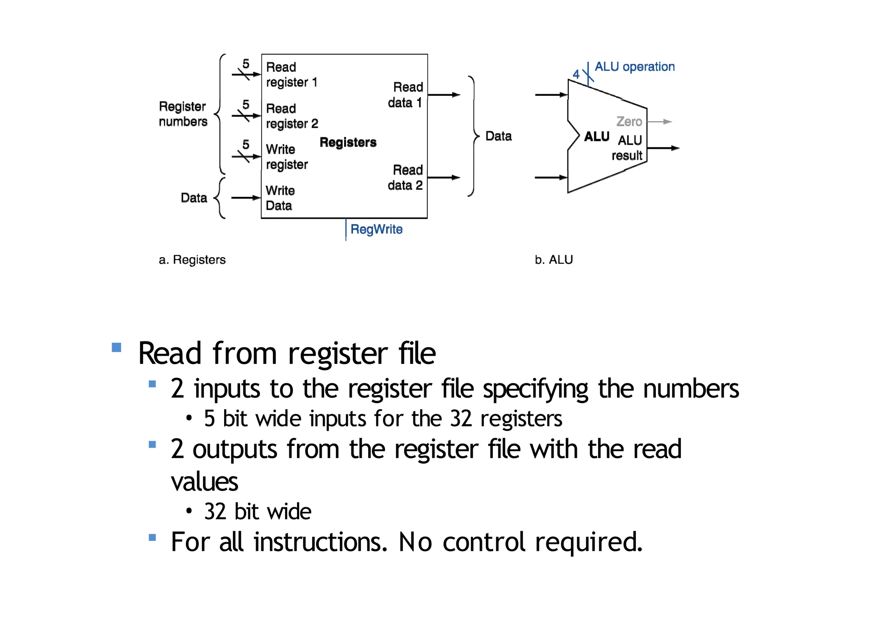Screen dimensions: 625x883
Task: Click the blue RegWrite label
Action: click(x=376, y=229)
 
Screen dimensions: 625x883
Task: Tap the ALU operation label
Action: click(x=634, y=67)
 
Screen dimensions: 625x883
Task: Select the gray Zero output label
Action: click(x=629, y=122)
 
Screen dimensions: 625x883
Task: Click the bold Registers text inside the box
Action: click(x=348, y=142)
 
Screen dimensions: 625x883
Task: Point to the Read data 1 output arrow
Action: click(x=444, y=95)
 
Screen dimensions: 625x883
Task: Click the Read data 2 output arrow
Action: click(x=444, y=177)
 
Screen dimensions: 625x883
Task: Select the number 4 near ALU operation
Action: click(x=576, y=75)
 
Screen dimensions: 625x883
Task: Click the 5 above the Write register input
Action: click(x=246, y=144)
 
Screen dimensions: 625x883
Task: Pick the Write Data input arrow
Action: click(x=246, y=198)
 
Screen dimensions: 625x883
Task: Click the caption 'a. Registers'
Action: click(x=192, y=260)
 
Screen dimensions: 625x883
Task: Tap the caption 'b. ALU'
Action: click(x=554, y=260)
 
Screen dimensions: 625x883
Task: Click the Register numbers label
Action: click(x=183, y=114)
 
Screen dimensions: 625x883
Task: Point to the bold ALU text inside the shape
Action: click(x=597, y=137)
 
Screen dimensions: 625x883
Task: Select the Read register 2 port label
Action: click(x=292, y=116)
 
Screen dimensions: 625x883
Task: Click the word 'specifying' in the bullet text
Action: click(x=535, y=389)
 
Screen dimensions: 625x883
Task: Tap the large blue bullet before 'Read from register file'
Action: click(x=116, y=347)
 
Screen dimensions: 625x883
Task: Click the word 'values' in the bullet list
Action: click(x=204, y=482)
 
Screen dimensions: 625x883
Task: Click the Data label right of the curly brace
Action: click(x=498, y=136)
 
